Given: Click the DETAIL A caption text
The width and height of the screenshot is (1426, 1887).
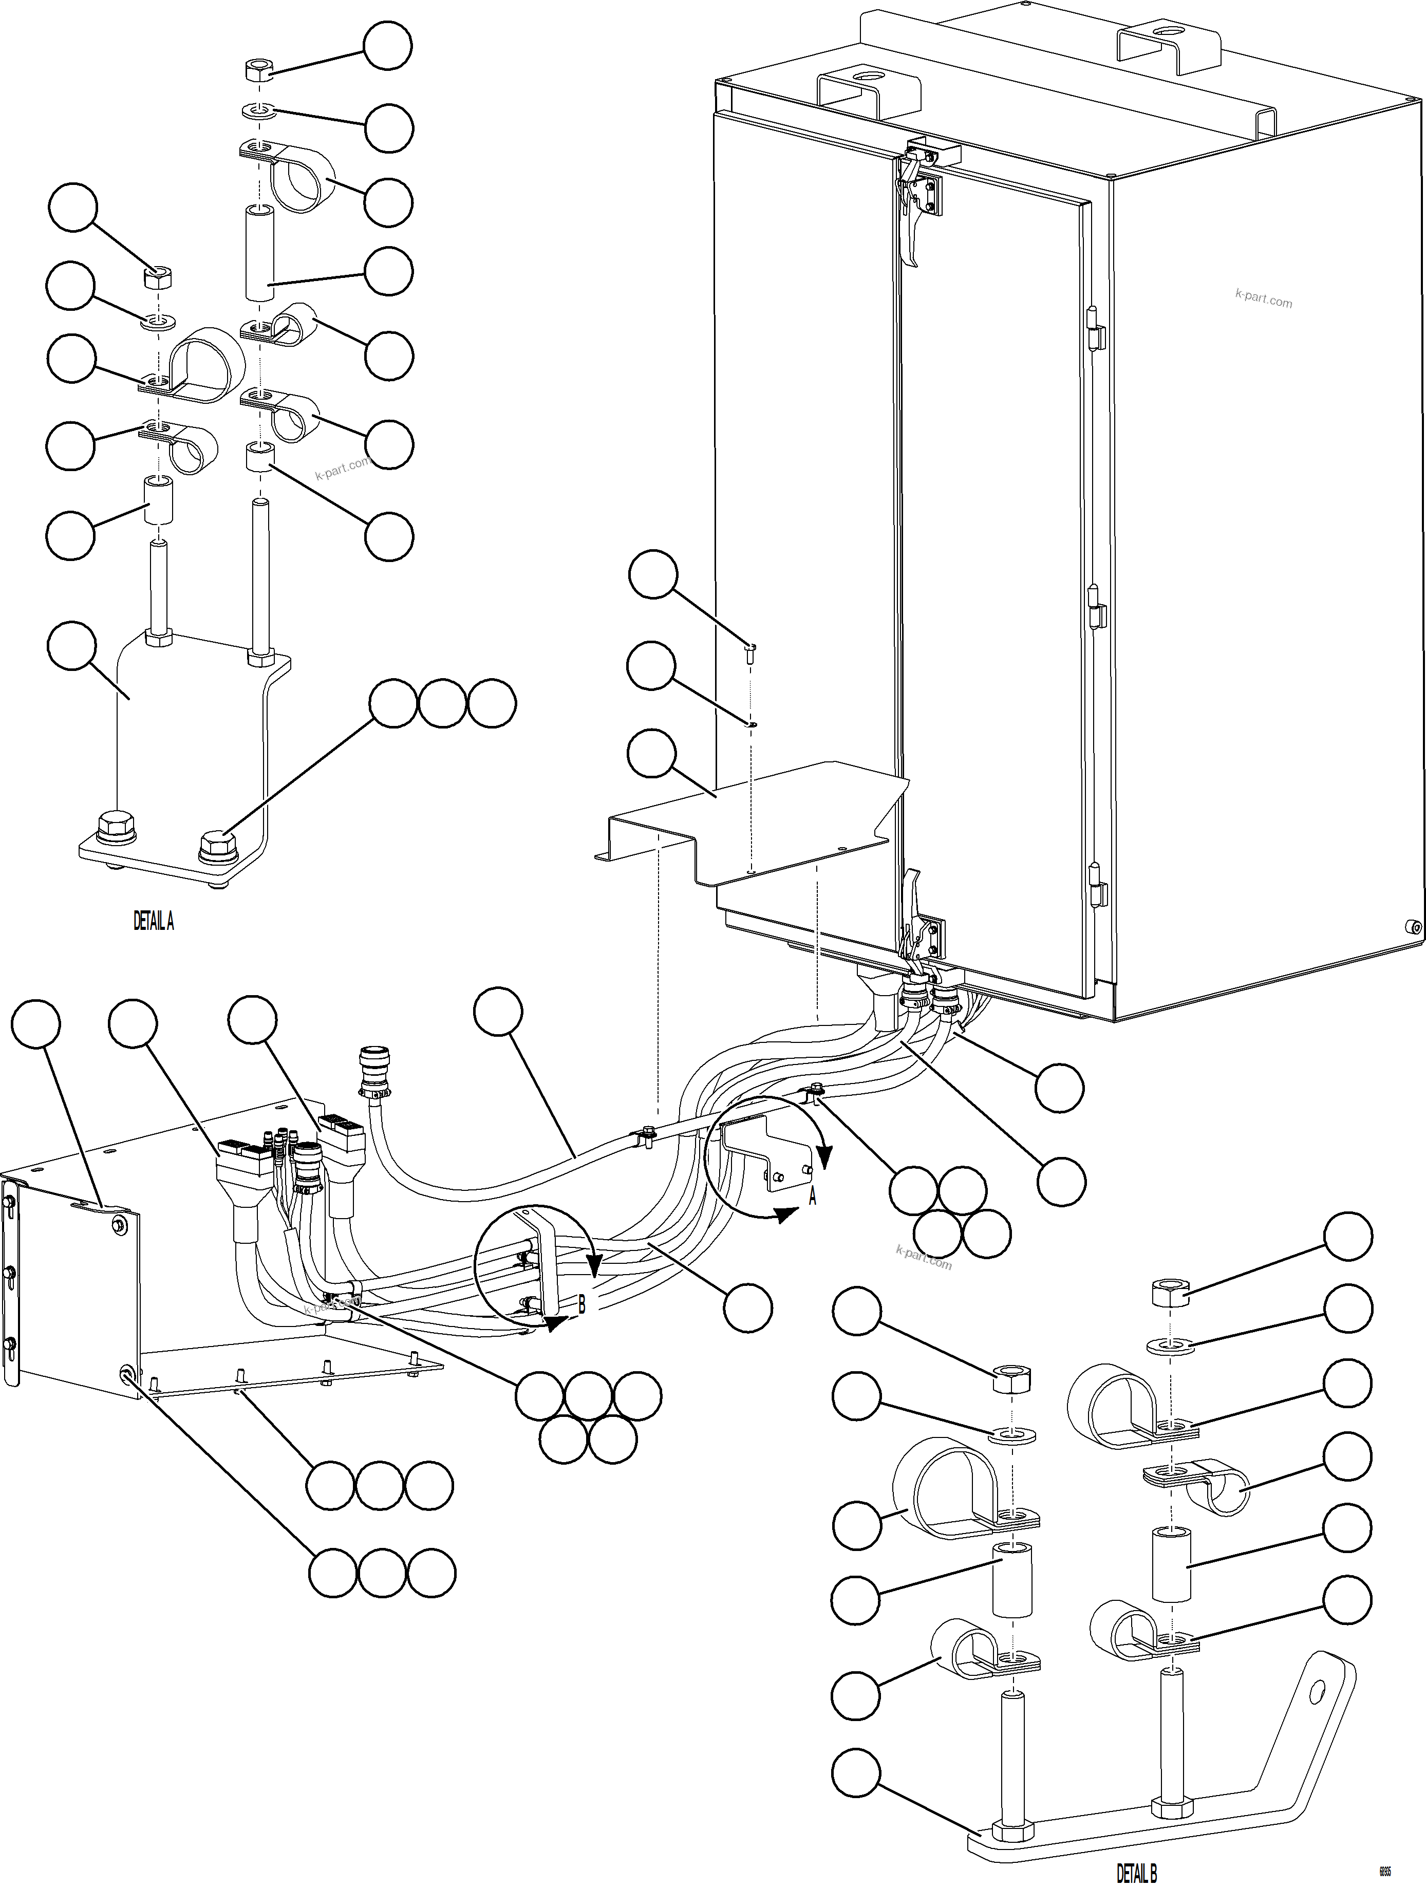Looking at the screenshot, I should point(154,921).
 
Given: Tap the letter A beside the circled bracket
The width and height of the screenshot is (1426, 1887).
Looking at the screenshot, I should point(812,1198).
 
